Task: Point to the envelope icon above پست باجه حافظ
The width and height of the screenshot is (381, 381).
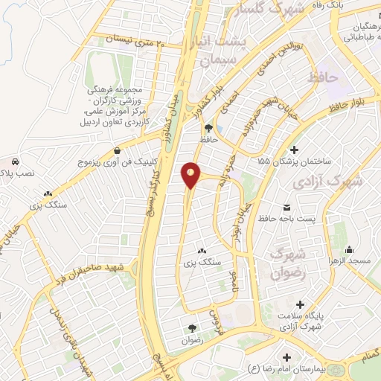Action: pyautogui.click(x=287, y=206)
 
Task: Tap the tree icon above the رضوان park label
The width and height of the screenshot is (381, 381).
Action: pyautogui.click(x=192, y=328)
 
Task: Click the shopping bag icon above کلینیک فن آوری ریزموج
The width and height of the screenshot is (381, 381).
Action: pyautogui.click(x=116, y=150)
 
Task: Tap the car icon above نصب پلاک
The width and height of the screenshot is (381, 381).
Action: pyautogui.click(x=15, y=161)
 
